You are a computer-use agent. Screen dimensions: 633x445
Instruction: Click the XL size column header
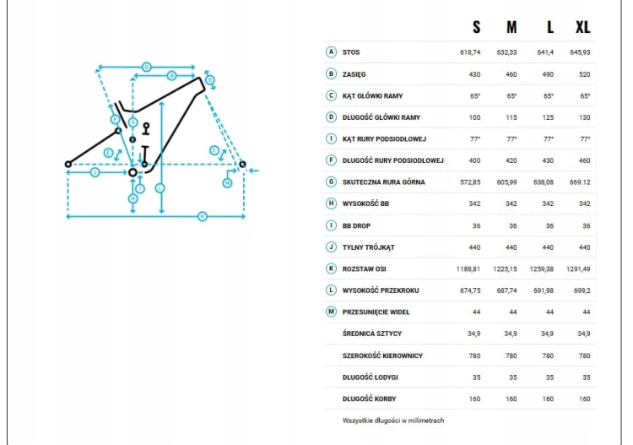pyautogui.click(x=583, y=27)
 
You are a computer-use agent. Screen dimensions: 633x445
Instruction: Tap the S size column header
pyautogui.click(x=476, y=27)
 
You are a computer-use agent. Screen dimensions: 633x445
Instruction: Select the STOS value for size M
pyautogui.click(x=506, y=52)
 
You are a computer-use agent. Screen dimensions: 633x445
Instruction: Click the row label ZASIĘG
pyautogui.click(x=354, y=74)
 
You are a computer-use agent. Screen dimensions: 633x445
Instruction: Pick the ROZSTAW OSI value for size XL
pyautogui.click(x=578, y=269)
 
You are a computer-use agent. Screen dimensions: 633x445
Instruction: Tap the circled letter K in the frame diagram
pyautogui.click(x=203, y=216)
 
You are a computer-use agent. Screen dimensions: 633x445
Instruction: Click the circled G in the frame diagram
pyautogui.click(x=147, y=67)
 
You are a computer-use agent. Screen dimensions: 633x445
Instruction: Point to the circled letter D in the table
pyautogui.click(x=331, y=117)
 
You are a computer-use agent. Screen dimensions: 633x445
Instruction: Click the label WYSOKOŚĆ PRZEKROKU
pyautogui.click(x=381, y=290)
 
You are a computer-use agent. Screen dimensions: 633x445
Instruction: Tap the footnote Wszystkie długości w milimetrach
pyautogui.click(x=393, y=421)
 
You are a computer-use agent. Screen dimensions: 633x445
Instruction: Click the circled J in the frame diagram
pyautogui.click(x=95, y=172)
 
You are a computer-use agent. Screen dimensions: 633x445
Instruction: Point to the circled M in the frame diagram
pyautogui.click(x=227, y=183)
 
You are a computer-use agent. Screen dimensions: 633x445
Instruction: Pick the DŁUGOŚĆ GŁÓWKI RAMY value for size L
pyautogui.click(x=548, y=117)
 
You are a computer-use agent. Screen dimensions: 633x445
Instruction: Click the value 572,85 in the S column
pyautogui.click(x=470, y=182)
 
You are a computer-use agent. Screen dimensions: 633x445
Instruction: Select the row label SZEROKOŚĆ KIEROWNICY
pyautogui.click(x=382, y=355)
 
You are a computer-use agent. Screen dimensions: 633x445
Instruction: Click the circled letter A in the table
pyautogui.click(x=331, y=52)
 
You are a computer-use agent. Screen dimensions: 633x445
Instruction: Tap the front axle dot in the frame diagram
pyautogui.click(x=242, y=165)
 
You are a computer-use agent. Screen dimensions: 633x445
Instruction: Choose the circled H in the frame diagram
pyautogui.click(x=133, y=198)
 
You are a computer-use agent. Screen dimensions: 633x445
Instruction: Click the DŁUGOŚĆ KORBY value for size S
pyautogui.click(x=474, y=399)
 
